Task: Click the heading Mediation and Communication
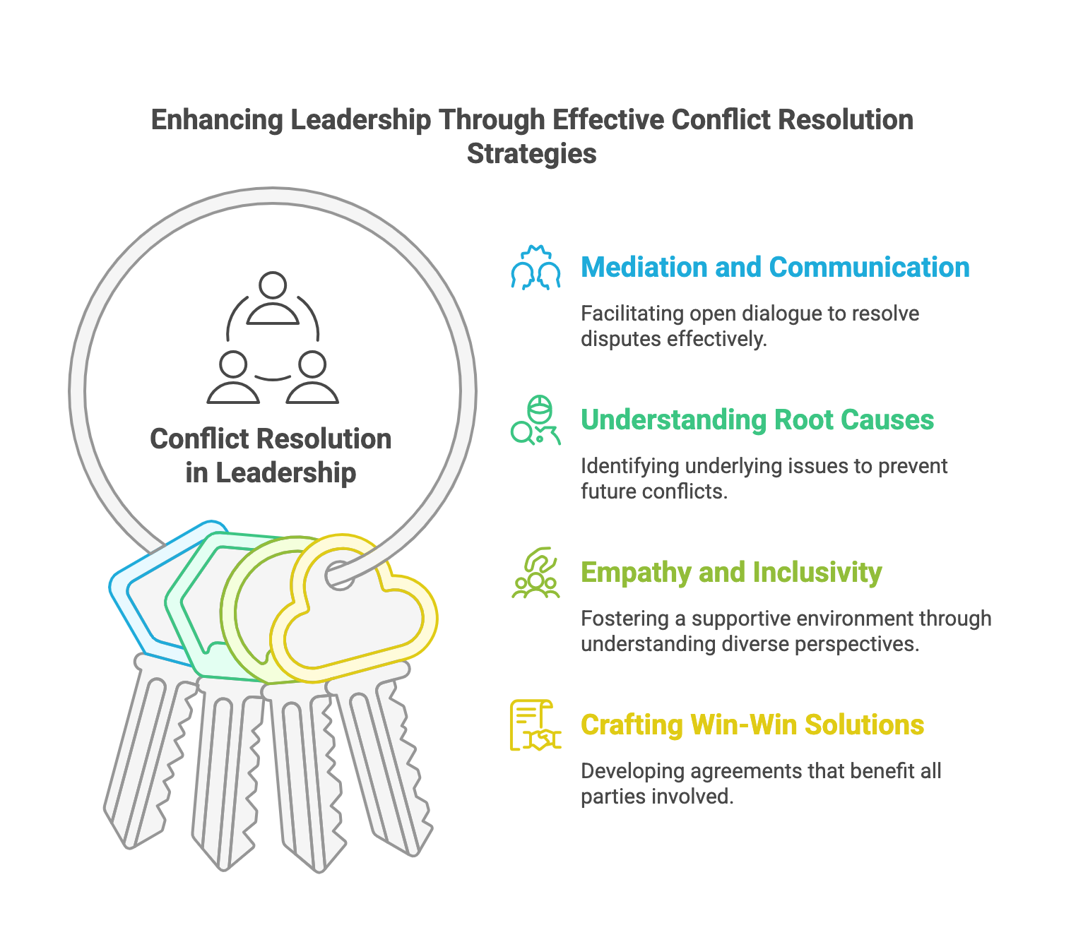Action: coord(774,268)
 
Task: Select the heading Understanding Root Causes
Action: coord(757,420)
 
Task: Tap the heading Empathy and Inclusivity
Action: coord(730,573)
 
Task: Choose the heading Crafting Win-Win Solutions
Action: coord(752,725)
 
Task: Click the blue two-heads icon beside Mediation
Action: coord(535,268)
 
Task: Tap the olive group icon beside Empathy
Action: coord(535,573)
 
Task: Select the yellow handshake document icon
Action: coord(535,725)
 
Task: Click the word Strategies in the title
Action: coord(531,154)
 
